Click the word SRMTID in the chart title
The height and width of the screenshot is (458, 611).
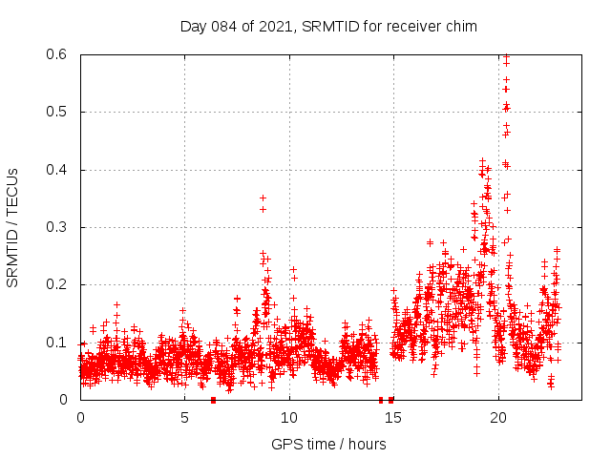point(328,26)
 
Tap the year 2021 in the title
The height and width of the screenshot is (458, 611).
point(274,26)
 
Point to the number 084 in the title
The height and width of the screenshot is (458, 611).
point(225,26)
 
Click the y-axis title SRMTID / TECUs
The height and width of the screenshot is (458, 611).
point(12,227)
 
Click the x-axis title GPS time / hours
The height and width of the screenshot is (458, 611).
point(328,444)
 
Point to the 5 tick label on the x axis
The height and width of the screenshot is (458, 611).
point(184,418)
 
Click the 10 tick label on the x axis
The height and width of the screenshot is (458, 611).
point(289,418)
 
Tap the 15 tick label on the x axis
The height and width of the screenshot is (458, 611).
point(393,418)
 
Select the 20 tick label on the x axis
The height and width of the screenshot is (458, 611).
point(497,418)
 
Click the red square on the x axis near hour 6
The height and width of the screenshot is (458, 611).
point(213,400)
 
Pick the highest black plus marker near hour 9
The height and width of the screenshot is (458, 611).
point(263,198)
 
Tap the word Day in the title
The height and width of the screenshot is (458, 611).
point(194,26)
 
